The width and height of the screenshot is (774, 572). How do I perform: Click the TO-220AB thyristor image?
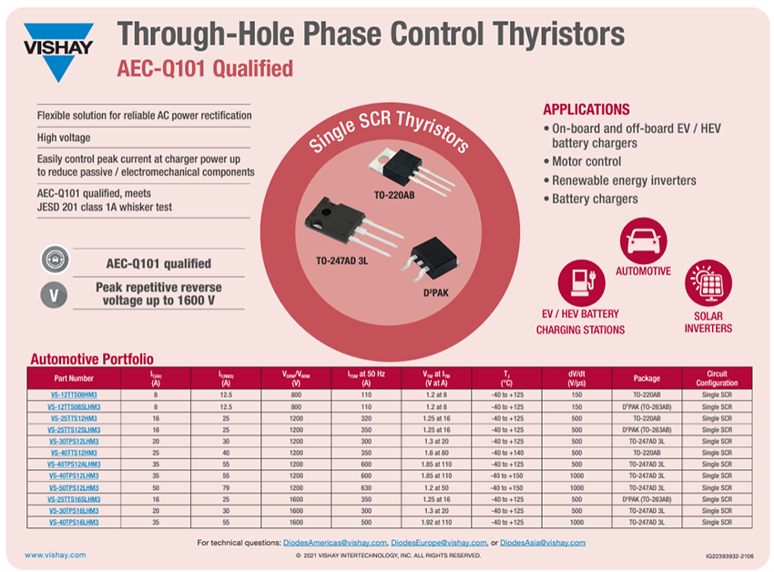point(400,168)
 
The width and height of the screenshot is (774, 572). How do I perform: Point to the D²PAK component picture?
point(429,255)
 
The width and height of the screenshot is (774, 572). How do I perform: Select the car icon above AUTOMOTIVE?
point(643,240)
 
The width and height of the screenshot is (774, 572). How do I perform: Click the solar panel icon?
point(708,283)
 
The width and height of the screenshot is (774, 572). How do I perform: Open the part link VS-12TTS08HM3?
point(74,394)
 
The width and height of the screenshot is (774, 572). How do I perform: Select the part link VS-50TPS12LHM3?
point(74,487)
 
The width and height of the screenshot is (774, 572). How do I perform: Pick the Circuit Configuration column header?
point(717,377)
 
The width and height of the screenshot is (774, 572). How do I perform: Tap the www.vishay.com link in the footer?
point(56,555)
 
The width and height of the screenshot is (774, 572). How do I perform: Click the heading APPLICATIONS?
point(586,109)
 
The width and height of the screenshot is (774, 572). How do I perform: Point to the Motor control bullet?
point(587,161)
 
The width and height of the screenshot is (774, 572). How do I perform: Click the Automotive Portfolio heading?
point(92,359)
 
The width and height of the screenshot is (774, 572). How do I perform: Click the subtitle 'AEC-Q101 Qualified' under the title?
point(205,68)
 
